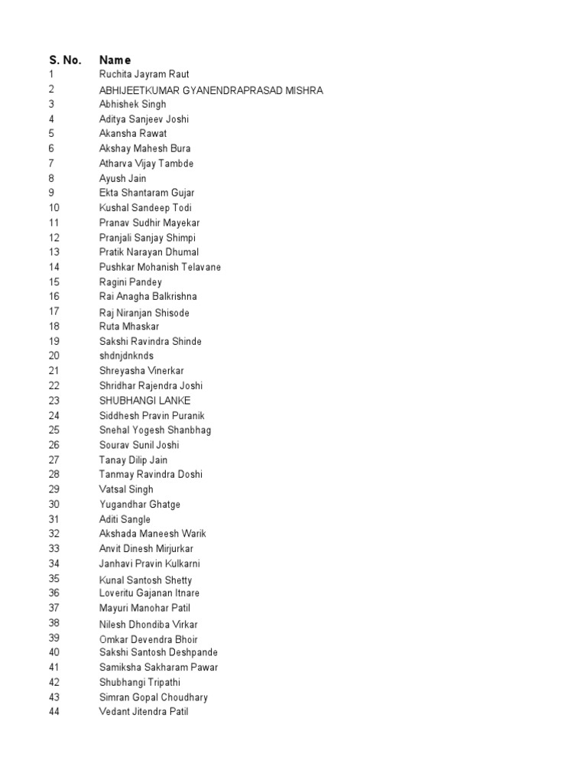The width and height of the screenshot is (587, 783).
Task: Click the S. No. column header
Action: click(65, 60)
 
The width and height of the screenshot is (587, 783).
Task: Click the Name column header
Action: click(115, 60)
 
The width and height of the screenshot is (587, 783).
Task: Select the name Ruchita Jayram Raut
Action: click(144, 74)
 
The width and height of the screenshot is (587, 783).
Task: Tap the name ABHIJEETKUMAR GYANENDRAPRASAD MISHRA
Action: click(211, 90)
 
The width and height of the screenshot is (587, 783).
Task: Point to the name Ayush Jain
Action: click(122, 178)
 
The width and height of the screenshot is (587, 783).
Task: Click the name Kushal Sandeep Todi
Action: click(145, 208)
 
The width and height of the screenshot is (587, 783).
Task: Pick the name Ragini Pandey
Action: click(131, 282)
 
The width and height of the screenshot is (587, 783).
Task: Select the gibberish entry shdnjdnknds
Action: click(126, 356)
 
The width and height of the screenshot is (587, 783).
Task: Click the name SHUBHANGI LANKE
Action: click(145, 401)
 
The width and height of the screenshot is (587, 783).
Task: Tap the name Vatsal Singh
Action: click(126, 489)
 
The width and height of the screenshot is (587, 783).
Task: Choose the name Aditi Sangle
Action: click(125, 519)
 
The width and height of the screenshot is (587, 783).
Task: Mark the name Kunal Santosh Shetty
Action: click(145, 580)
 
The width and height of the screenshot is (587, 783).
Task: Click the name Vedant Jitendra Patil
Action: click(144, 712)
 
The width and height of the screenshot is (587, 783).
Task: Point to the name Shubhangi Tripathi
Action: click(139, 682)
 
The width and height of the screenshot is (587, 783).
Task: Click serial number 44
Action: click(54, 712)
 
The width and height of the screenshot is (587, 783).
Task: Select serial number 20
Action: click(54, 356)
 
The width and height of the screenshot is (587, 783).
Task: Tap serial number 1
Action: click(51, 74)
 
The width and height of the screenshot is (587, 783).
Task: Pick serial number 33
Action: click(54, 548)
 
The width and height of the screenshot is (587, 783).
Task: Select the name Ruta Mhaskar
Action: click(129, 327)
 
